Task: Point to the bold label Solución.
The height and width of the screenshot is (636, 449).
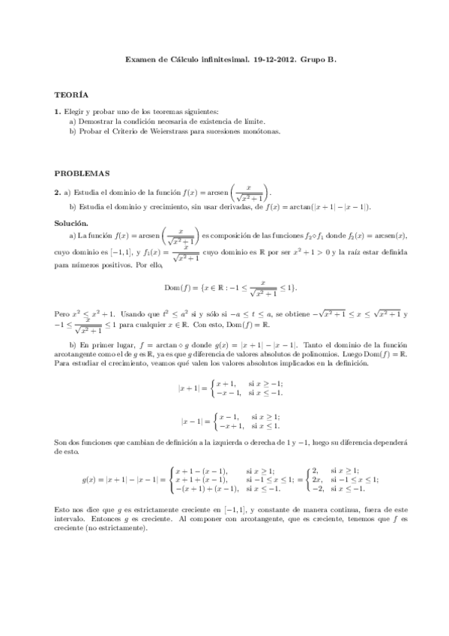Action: [x=72, y=223]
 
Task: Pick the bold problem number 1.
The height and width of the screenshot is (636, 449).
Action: [x=57, y=112]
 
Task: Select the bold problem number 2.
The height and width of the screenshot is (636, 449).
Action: [x=57, y=190]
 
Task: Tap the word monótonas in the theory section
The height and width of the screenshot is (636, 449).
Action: [x=259, y=130]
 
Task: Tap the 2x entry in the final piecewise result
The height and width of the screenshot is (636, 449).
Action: [x=317, y=479]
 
